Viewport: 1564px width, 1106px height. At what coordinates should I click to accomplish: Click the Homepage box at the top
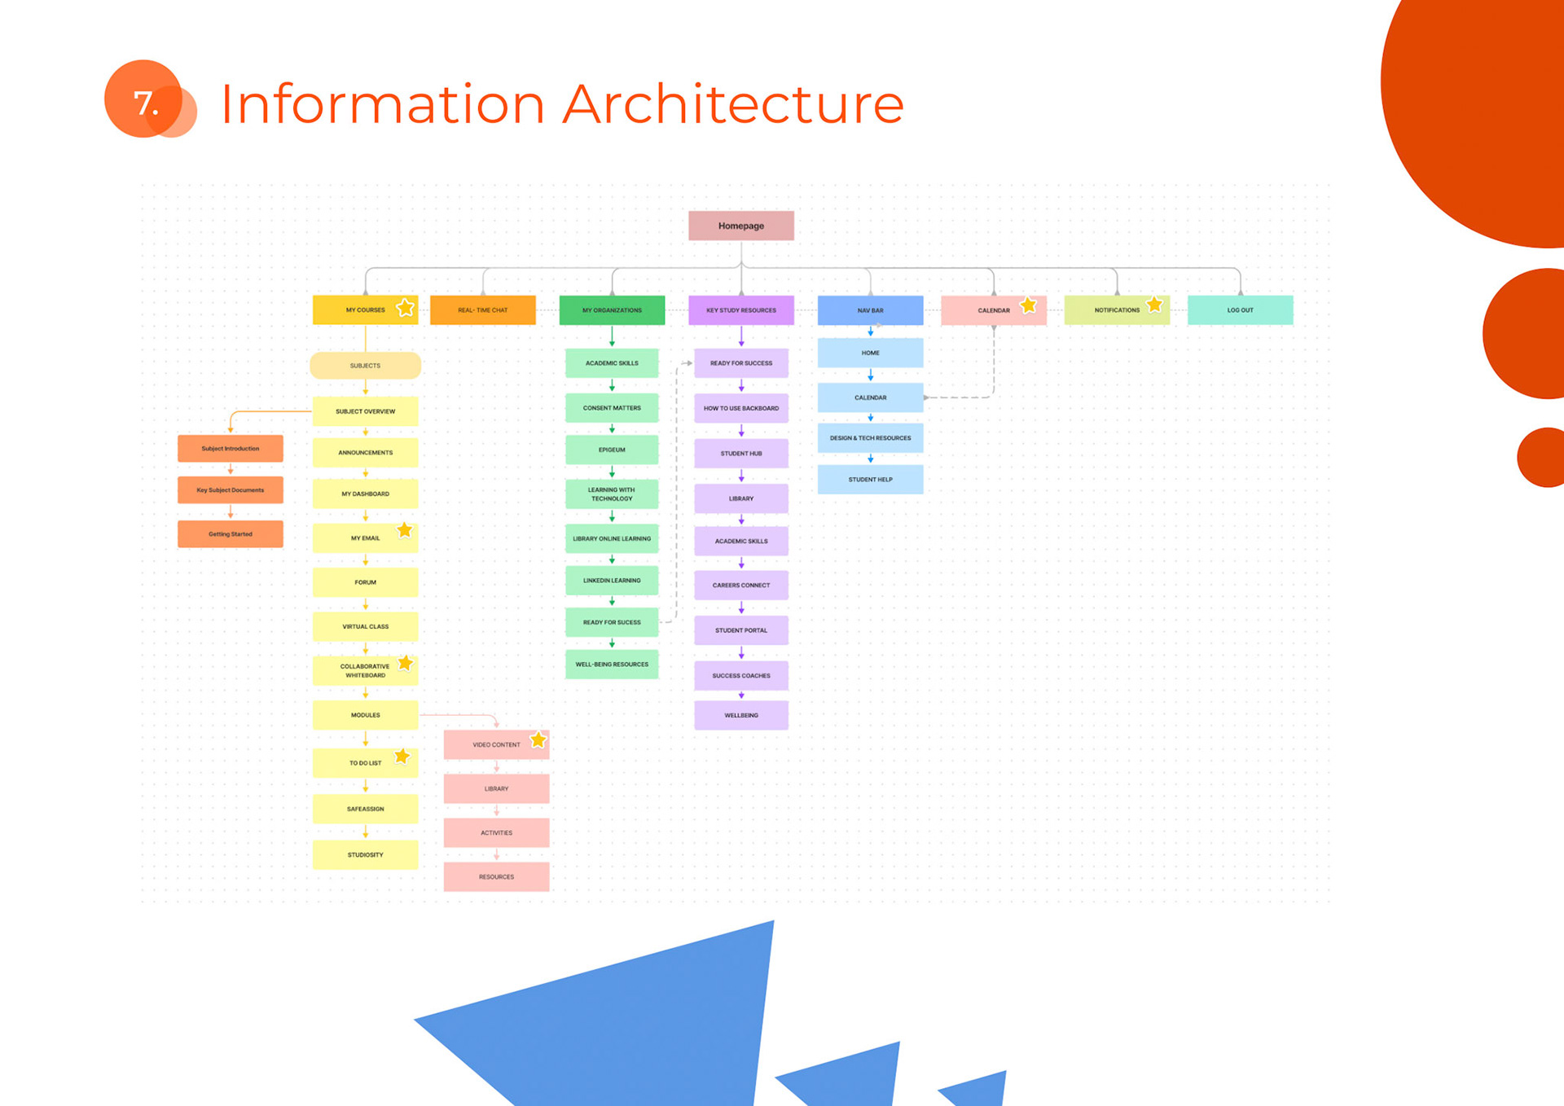(740, 226)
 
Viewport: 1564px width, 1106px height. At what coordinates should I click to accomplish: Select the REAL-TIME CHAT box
(482, 310)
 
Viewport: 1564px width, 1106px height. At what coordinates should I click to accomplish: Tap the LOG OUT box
(1240, 310)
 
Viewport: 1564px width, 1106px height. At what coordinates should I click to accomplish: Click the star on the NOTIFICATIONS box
(1154, 305)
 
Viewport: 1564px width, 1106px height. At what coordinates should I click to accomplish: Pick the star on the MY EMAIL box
(405, 530)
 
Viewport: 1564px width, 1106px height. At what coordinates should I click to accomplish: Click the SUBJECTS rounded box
(365, 366)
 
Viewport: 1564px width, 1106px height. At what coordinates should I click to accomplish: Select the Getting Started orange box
(231, 534)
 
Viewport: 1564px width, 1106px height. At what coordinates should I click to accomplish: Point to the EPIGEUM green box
(612, 450)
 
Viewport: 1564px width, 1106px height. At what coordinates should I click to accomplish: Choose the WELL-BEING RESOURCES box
(612, 665)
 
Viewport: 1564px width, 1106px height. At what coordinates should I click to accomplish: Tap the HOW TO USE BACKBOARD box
(740, 408)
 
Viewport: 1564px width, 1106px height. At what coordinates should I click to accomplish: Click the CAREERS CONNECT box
(740, 585)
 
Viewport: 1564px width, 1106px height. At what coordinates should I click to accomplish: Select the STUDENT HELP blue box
(870, 480)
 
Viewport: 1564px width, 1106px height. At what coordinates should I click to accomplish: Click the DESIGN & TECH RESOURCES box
(870, 438)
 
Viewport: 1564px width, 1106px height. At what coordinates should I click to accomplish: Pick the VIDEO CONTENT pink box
(495, 744)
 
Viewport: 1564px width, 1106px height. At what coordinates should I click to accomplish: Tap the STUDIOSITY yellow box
(365, 855)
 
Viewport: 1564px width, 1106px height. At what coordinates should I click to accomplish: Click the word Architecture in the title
(733, 104)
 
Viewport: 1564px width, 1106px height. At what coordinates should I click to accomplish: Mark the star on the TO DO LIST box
(402, 757)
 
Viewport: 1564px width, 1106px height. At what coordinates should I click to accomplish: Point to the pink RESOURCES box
(496, 877)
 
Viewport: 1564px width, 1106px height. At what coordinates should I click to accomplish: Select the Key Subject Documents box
(231, 490)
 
